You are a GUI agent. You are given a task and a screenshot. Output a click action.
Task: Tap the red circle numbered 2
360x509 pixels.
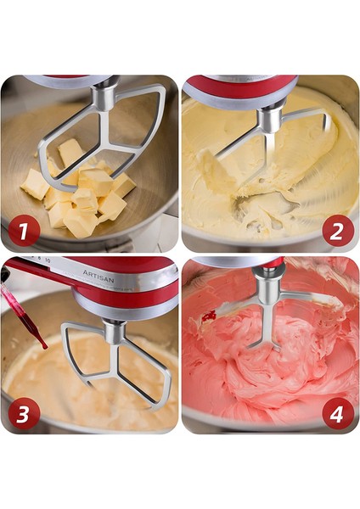tap(338, 229)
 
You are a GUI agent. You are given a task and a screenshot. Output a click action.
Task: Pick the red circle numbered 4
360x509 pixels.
tap(337, 412)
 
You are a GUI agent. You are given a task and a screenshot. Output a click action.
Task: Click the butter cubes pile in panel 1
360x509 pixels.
tap(81, 195)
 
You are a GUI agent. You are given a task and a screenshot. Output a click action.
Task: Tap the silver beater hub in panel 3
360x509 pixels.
tap(115, 331)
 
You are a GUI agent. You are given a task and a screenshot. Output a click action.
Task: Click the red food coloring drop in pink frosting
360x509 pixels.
tap(209, 316)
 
